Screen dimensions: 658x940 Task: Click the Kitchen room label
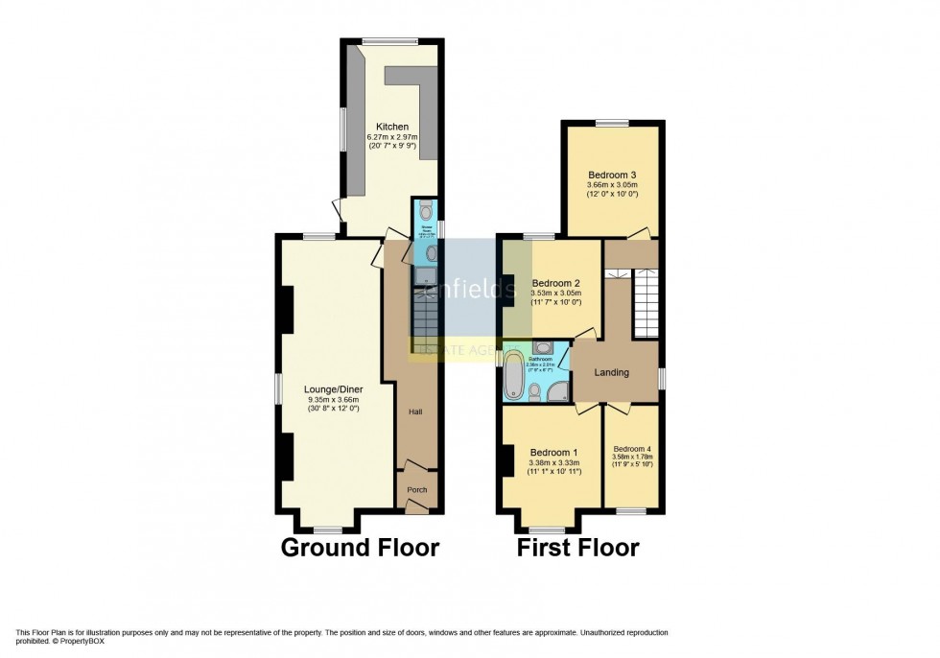[x=392, y=127]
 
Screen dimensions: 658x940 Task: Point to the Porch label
[x=417, y=490]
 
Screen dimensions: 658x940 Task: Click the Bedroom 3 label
[x=613, y=175]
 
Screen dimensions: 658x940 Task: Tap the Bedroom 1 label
[x=554, y=453]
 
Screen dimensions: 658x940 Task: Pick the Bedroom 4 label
[x=632, y=448]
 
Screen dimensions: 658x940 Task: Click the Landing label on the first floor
[x=611, y=372]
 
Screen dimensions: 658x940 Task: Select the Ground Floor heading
[x=360, y=548]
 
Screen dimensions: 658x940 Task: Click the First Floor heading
[x=578, y=548]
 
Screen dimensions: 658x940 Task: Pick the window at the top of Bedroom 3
[x=611, y=122]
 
